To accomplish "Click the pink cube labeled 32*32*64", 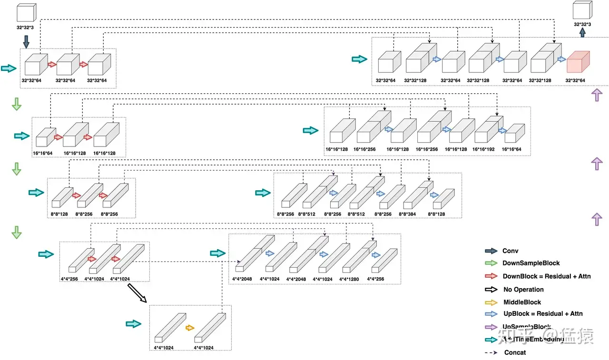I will tap(578, 62).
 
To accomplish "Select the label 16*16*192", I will tap(484, 149).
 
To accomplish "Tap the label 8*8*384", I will tap(413, 214).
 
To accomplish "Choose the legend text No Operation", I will tap(523, 289).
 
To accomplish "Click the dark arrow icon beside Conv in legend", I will tap(491, 251).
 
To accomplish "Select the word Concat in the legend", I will tap(515, 352).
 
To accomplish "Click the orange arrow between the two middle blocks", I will tap(190, 328).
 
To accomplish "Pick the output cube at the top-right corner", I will tap(582, 11).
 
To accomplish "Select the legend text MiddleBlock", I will tap(522, 302).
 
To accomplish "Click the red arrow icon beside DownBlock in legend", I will tap(491, 276).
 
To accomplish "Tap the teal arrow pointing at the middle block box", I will tap(134, 324).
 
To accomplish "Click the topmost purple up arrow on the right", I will tap(596, 95).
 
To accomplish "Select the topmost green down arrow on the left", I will tap(17, 104).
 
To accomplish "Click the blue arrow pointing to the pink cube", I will tap(561, 59).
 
